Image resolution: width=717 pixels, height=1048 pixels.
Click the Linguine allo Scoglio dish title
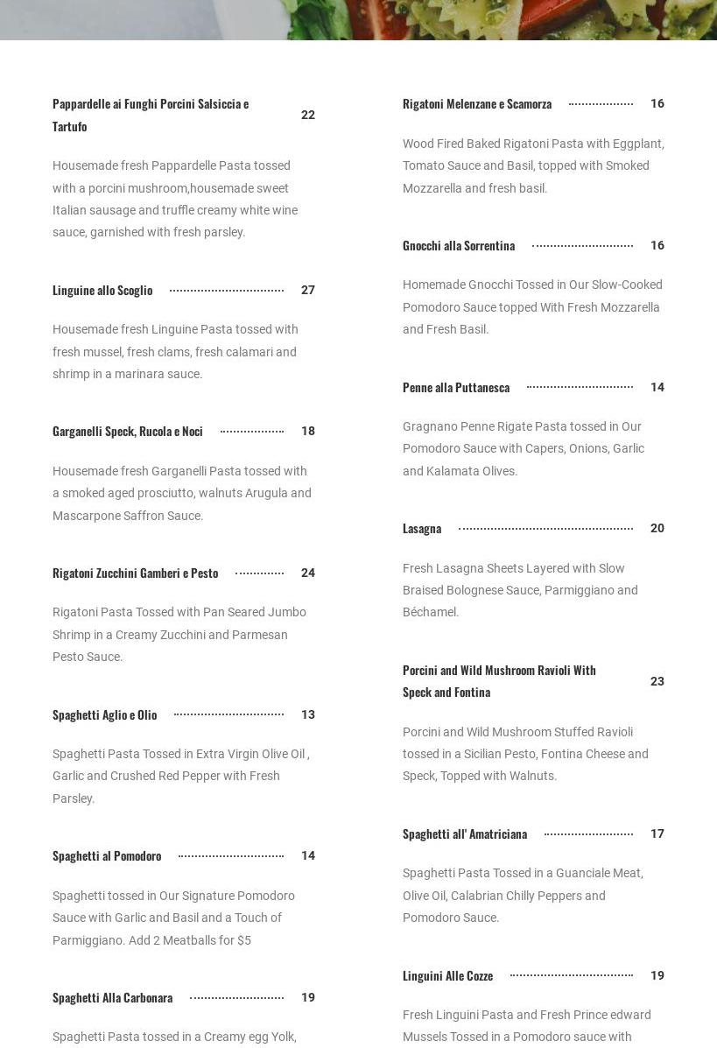(102, 291)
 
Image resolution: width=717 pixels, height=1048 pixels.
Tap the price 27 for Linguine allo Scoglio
(308, 291)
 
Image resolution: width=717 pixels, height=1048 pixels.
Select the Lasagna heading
(422, 529)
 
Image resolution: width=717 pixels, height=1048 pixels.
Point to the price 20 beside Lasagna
(657, 529)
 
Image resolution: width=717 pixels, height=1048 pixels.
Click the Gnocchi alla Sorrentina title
(459, 246)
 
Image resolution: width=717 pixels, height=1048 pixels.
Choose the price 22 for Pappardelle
(308, 116)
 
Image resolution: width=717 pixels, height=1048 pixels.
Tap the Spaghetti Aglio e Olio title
(105, 715)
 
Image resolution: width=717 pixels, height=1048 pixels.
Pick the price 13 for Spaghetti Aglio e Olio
(308, 715)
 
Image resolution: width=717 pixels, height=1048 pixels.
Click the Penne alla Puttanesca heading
(456, 388)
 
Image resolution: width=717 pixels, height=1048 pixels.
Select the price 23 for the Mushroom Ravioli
(657, 682)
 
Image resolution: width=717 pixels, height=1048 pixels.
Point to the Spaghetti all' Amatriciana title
(465, 834)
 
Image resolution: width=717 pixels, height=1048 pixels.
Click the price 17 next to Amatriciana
(657, 834)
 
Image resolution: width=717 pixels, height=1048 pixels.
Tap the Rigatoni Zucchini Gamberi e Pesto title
(136, 573)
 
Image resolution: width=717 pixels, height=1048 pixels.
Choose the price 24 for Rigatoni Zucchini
(308, 573)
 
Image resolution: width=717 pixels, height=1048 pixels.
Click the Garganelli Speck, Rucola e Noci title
(128, 432)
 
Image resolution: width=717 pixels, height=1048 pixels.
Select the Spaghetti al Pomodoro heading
(107, 856)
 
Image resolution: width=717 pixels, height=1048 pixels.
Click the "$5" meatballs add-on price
(243, 941)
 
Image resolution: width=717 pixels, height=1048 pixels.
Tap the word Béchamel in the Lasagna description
(430, 613)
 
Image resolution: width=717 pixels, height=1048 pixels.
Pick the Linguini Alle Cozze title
(448, 976)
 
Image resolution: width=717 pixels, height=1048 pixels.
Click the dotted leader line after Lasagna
(545, 529)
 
